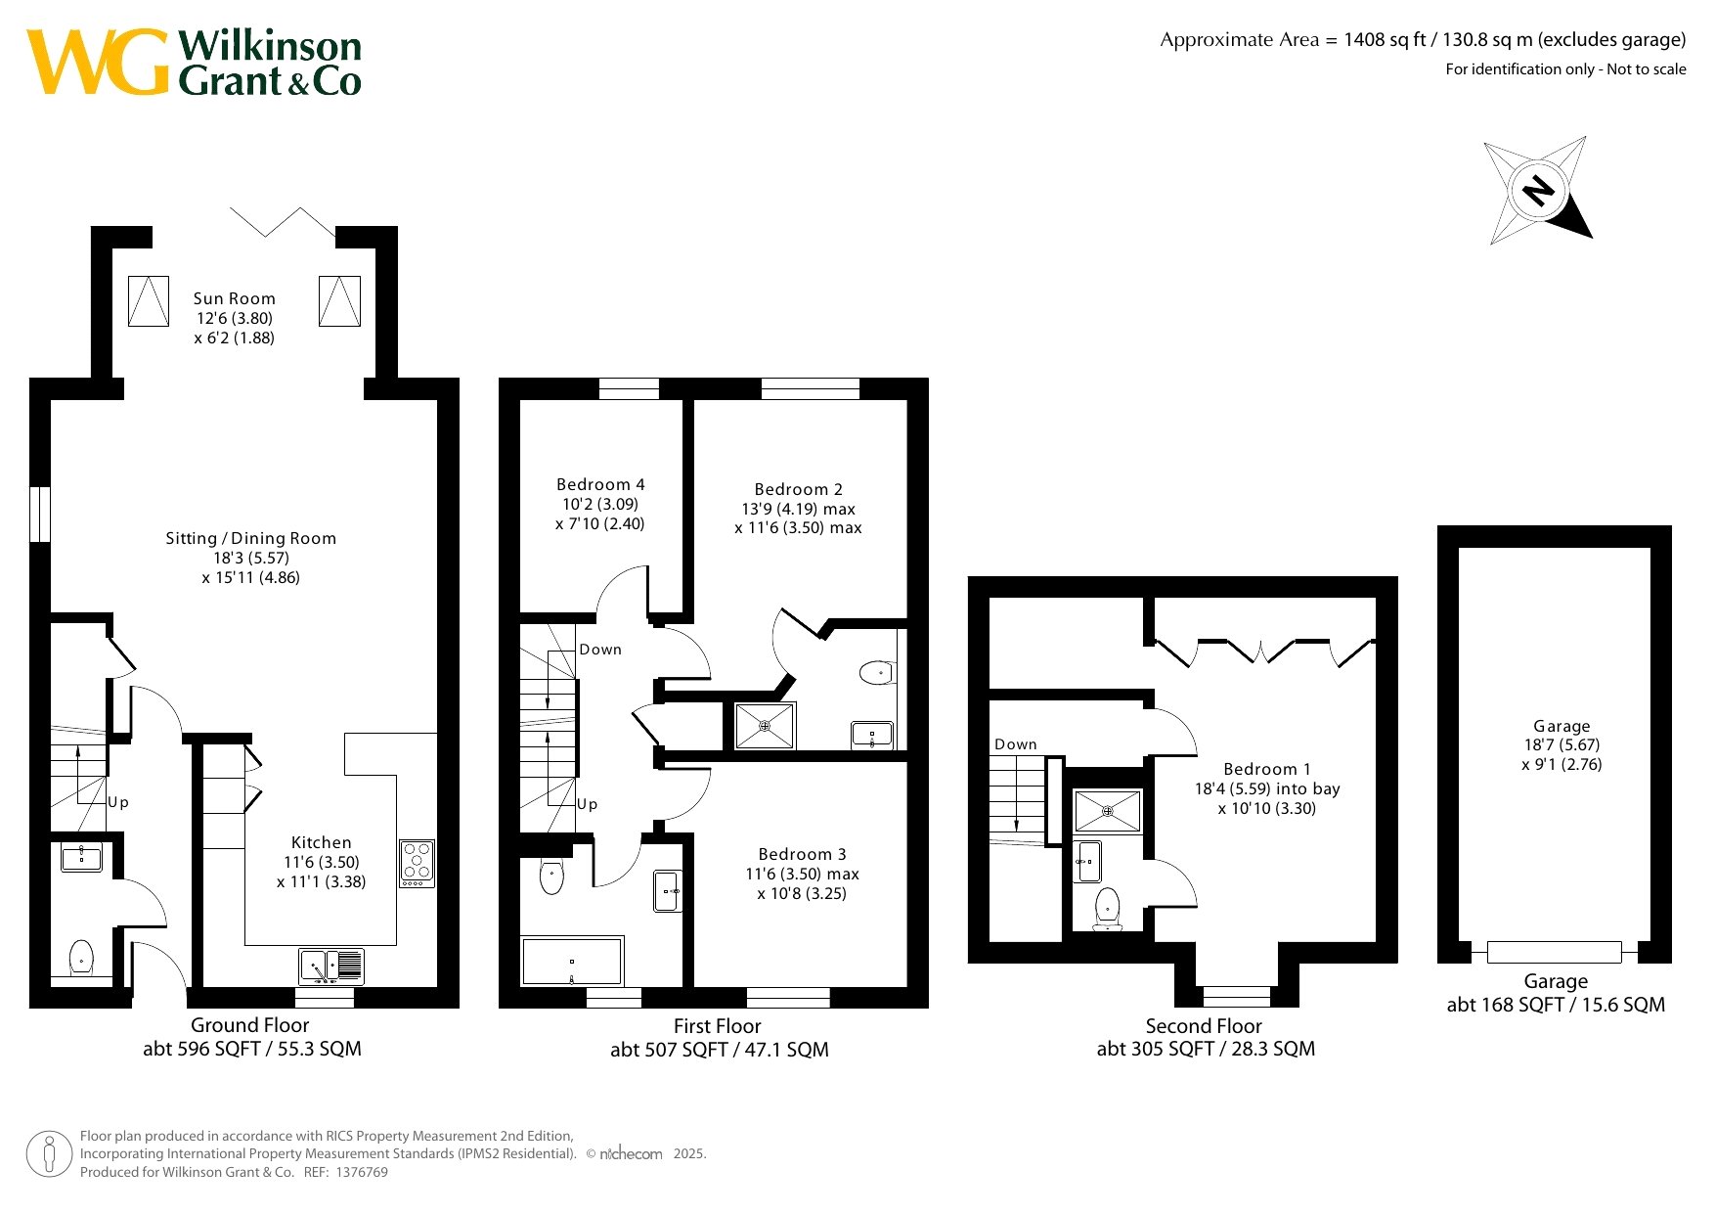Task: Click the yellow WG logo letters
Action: tap(97, 62)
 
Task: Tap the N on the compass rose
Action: tap(1538, 189)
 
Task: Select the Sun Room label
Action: tap(235, 298)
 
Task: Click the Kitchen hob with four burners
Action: tap(418, 864)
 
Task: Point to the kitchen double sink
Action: tap(331, 967)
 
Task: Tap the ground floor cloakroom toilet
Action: tap(81, 959)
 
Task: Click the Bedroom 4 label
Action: tap(600, 484)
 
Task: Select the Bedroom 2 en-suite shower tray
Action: tap(765, 726)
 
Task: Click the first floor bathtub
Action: tap(572, 962)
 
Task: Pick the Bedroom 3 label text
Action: tap(802, 854)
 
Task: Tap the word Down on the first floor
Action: tap(600, 650)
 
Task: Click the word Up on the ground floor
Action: tap(118, 802)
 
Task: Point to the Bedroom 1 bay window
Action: tap(1237, 996)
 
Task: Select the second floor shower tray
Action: tap(1108, 811)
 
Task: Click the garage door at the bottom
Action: tap(1555, 952)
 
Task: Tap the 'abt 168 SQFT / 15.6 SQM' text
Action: tap(1556, 1005)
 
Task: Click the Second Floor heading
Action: tap(1204, 1026)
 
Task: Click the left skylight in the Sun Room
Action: tap(149, 301)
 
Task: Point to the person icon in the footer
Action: tap(50, 1154)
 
